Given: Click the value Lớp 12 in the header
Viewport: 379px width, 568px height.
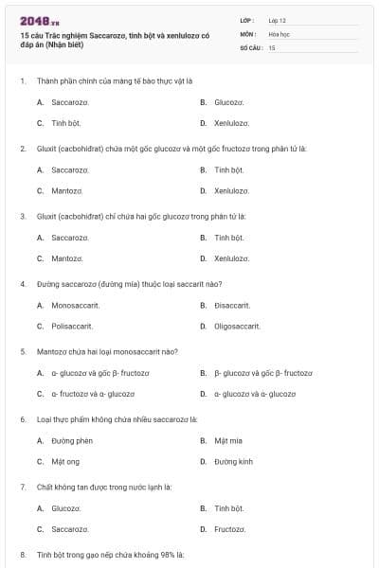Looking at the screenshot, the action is [x=278, y=20].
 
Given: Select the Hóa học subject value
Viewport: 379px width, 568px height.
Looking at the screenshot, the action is [x=279, y=33].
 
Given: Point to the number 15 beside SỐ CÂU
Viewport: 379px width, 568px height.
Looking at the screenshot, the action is [x=272, y=46].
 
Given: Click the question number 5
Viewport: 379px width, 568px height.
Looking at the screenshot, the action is [x=23, y=351].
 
